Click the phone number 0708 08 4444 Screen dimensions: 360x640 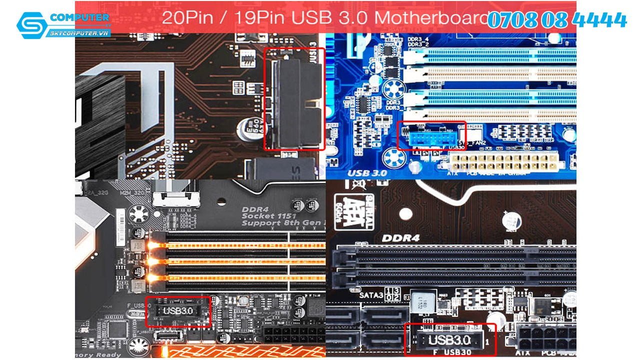556,20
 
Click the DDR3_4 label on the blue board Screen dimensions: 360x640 417,39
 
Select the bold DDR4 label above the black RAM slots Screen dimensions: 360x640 400,238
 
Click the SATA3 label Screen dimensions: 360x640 370,295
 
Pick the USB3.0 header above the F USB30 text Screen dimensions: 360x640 449,341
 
